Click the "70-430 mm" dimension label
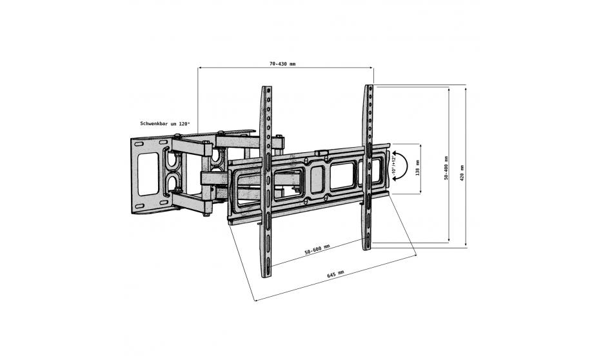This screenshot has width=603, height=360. click(282, 64)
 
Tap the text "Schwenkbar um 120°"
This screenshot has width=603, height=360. click(165, 124)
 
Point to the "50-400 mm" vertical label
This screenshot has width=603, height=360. click(446, 167)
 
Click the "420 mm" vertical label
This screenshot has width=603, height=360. click(462, 173)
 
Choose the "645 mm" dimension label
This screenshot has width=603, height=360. click(335, 274)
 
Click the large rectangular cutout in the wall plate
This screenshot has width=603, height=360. click(148, 174)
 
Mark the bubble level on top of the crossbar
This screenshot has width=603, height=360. click(322, 153)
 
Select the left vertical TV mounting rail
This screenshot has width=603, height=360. click(266, 181)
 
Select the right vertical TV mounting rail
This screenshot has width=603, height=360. click(368, 167)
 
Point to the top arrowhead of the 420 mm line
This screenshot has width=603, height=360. click(466, 89)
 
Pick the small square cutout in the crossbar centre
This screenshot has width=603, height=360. click(317, 179)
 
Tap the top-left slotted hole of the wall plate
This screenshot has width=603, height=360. click(139, 145)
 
